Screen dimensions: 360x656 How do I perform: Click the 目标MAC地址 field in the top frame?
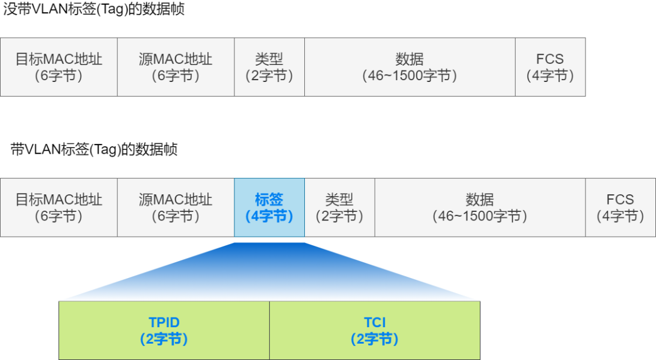[x=58, y=67]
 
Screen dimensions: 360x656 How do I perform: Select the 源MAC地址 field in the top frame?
[x=176, y=67]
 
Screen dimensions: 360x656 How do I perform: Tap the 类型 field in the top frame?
[x=269, y=67]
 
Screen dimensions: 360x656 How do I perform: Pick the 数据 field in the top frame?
[x=409, y=67]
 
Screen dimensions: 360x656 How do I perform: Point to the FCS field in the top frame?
[x=550, y=67]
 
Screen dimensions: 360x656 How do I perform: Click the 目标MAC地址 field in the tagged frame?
[x=58, y=207]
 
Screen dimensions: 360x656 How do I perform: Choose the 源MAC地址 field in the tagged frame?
[x=176, y=207]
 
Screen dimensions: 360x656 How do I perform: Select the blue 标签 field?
[x=269, y=207]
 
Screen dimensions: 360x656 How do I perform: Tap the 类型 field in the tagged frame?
[x=339, y=207]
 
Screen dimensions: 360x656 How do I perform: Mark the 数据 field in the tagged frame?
[x=479, y=207]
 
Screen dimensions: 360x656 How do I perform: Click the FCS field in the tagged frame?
[x=620, y=207]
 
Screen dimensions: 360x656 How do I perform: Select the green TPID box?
[x=164, y=330]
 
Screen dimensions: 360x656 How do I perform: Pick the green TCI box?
[x=375, y=330]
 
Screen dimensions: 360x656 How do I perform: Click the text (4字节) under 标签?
[x=269, y=216]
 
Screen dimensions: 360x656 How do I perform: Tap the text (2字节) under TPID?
[x=164, y=339]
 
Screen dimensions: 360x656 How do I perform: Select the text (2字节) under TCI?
[x=375, y=339]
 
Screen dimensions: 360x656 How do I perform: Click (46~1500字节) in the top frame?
[x=409, y=76]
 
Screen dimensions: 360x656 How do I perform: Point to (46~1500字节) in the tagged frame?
[x=479, y=216]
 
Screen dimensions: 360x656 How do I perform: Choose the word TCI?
[x=375, y=322]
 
